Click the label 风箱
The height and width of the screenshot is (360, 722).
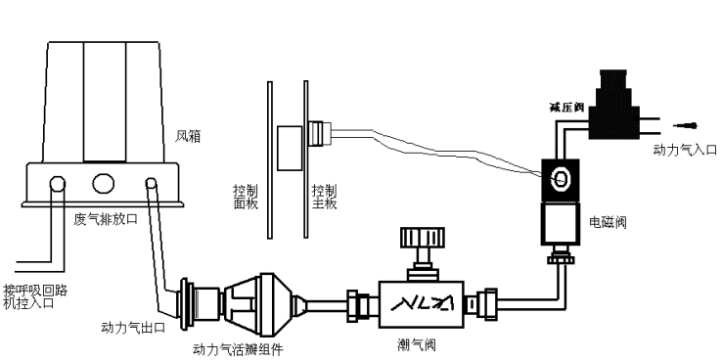(x=188, y=137)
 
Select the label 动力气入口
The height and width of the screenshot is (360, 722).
(x=685, y=150)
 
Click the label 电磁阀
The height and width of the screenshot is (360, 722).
(x=608, y=222)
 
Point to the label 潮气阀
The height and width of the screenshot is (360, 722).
(x=416, y=344)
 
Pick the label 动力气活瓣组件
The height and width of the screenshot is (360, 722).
(x=238, y=350)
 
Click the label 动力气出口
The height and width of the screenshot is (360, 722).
(x=133, y=328)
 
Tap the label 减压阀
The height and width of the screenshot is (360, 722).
(x=566, y=108)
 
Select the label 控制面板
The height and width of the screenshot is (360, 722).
(x=246, y=197)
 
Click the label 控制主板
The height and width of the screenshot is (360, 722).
(x=324, y=197)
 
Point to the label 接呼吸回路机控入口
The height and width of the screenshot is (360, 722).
(x=35, y=297)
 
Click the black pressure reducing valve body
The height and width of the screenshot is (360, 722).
(x=614, y=105)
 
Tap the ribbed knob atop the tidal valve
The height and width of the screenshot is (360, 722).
(x=423, y=237)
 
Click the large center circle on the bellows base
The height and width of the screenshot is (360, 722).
(x=103, y=183)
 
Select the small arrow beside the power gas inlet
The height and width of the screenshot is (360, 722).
(x=686, y=125)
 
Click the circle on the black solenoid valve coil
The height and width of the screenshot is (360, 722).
(x=561, y=179)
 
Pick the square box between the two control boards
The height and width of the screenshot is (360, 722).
(x=291, y=148)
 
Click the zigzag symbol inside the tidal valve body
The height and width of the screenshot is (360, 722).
(x=422, y=303)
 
